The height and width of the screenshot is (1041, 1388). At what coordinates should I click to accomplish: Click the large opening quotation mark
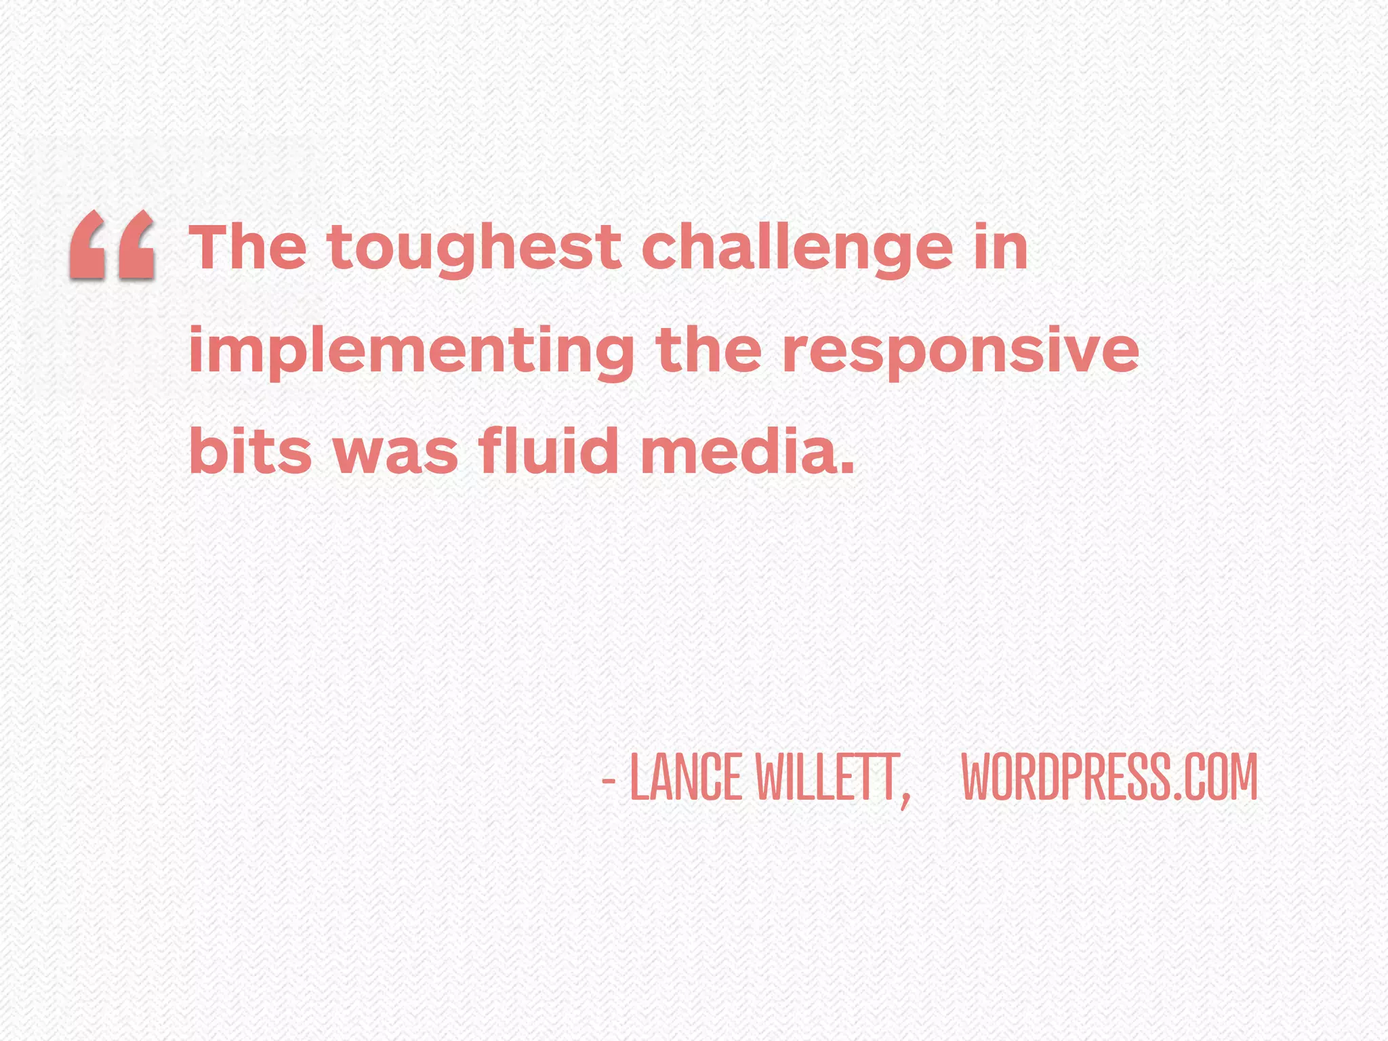(x=113, y=245)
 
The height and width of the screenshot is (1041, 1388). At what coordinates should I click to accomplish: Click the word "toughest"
(x=474, y=249)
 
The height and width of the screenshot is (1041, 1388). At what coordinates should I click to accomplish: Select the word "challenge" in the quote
(x=797, y=249)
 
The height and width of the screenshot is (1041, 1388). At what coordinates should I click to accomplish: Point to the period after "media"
(x=846, y=468)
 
